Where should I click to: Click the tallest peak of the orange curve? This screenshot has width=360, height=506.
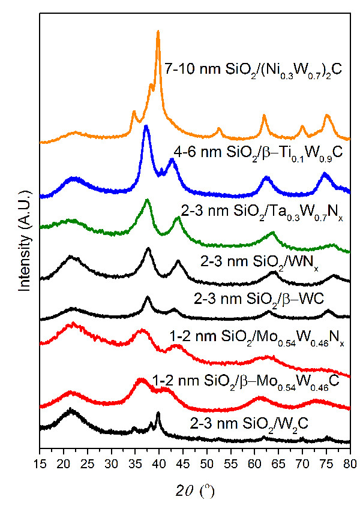pos(158,32)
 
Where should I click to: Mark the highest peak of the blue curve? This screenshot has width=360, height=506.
pos(146,126)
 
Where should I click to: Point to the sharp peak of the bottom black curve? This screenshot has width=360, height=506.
pos(158,413)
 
